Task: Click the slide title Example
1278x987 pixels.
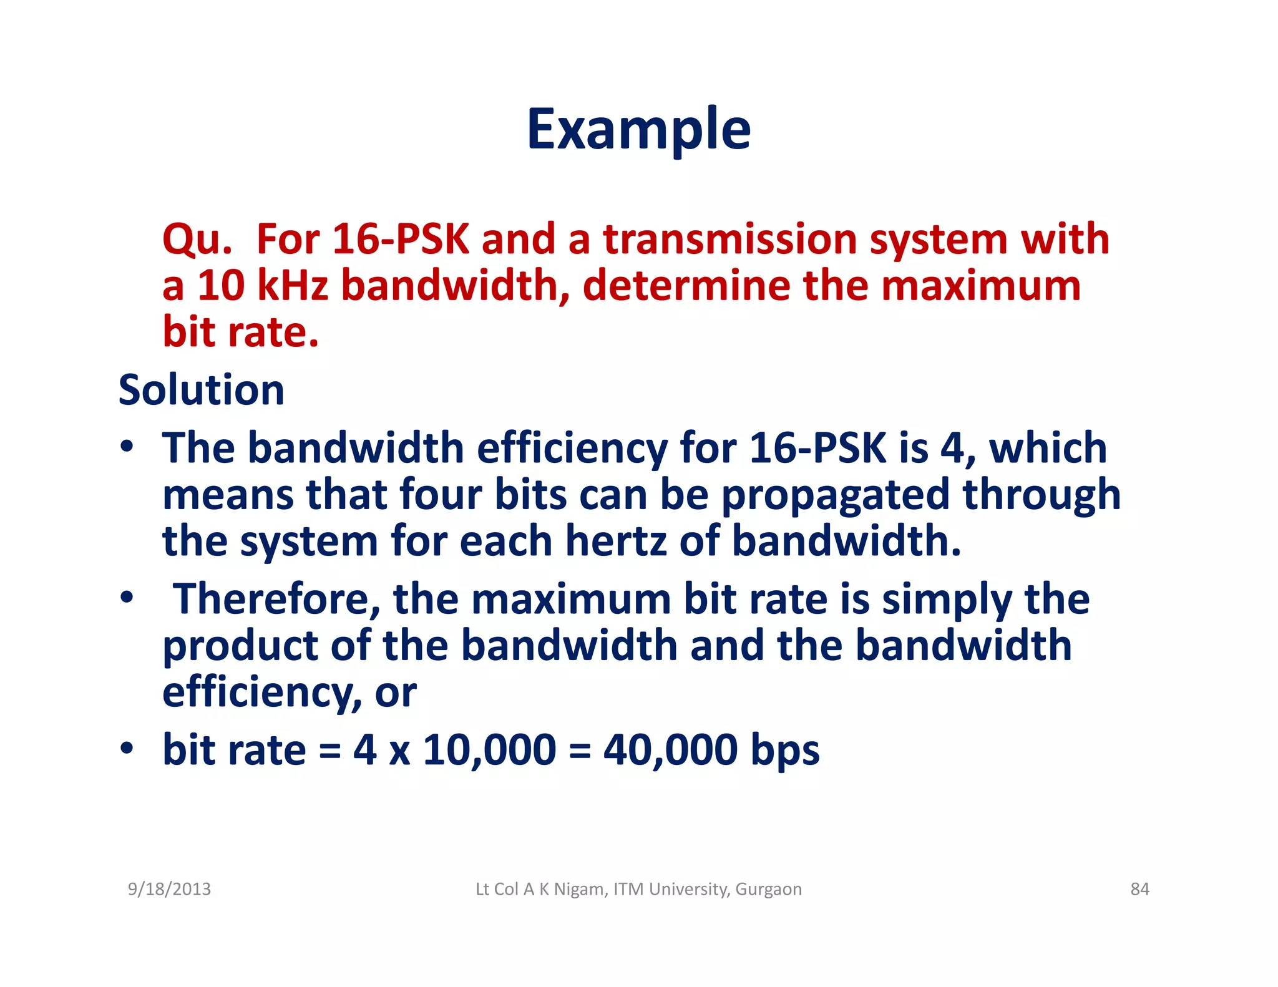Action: (638, 129)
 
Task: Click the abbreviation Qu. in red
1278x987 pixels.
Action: (197, 240)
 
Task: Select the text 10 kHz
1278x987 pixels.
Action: (262, 286)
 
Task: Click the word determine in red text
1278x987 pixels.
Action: (685, 286)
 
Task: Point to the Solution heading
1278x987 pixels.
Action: (201, 390)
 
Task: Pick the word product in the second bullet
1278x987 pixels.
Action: (240, 646)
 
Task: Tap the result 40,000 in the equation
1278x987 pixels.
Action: (670, 750)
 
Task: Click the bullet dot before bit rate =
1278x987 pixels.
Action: (127, 748)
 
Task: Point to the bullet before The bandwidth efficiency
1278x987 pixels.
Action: (127, 447)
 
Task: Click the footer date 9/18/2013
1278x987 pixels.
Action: (169, 889)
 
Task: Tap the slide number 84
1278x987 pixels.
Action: (1139, 889)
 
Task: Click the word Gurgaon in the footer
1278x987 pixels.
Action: (768, 889)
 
